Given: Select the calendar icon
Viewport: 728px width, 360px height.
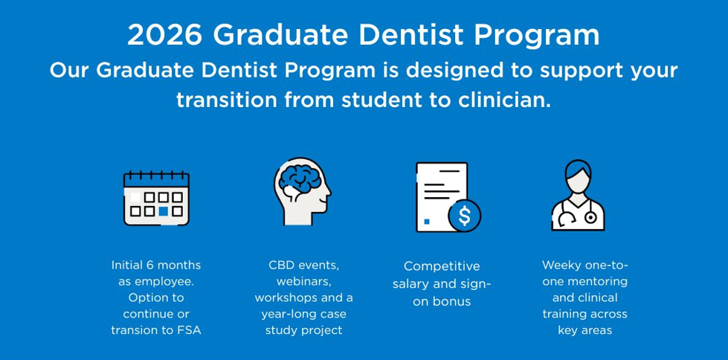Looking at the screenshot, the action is (156, 199).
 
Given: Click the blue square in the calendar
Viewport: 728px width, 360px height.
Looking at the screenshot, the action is (163, 211).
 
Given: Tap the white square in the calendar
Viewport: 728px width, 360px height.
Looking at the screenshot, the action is (135, 197).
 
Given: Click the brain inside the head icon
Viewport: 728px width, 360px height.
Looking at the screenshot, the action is (300, 179).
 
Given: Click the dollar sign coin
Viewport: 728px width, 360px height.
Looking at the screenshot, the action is (464, 216).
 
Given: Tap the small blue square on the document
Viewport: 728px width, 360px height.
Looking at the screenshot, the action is (427, 222).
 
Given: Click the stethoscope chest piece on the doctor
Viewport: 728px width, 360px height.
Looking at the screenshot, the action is (590, 217).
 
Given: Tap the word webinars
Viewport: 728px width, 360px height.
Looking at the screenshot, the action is (304, 281).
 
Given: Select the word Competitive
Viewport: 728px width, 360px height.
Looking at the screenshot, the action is (442, 266).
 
